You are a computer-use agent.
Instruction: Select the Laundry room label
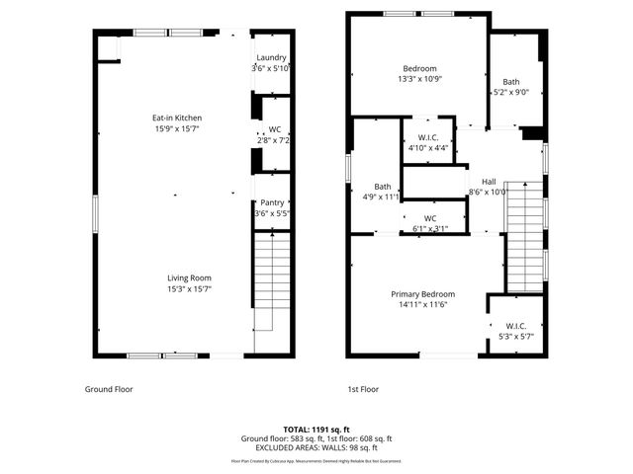pyautogui.click(x=270, y=58)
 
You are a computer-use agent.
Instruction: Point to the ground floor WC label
pyautogui.click(x=274, y=129)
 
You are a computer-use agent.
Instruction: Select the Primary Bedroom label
pyautogui.click(x=422, y=294)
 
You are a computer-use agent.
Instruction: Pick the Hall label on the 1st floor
pyautogui.click(x=489, y=182)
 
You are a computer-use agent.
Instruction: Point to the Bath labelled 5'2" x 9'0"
pyautogui.click(x=510, y=82)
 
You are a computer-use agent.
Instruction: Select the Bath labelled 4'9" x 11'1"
pyautogui.click(x=382, y=187)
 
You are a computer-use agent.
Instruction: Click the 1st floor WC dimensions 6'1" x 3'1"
pyautogui.click(x=430, y=229)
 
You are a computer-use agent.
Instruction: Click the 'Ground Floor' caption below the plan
pyautogui.click(x=109, y=389)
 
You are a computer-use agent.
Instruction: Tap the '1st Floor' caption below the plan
pyautogui.click(x=363, y=389)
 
